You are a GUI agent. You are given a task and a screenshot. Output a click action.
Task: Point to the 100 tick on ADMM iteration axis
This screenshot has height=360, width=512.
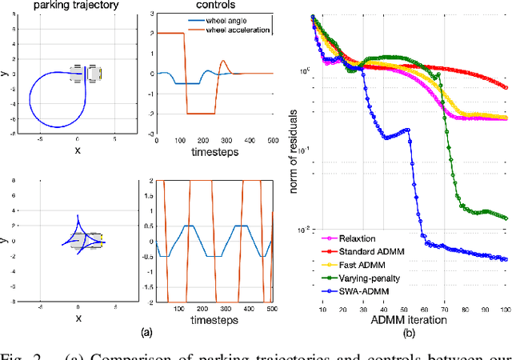[x=504, y=309]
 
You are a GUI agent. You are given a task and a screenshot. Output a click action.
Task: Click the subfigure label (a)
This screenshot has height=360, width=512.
[x=145, y=331]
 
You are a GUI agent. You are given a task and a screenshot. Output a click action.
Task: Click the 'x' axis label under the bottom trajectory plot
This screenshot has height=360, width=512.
[x=78, y=318]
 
